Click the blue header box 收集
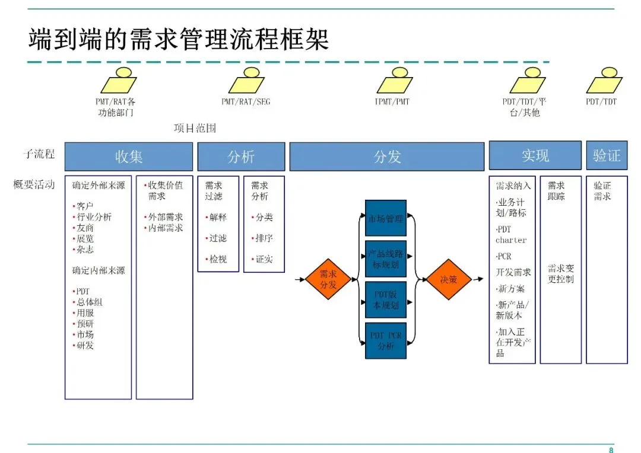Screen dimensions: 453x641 [x=129, y=157]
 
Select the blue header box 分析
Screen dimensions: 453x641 [x=241, y=157]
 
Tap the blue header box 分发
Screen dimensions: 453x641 [x=387, y=157]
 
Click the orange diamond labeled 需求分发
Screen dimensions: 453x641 [x=328, y=279]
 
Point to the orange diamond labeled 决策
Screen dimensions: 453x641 [x=449, y=279]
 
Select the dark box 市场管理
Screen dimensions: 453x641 [x=386, y=219]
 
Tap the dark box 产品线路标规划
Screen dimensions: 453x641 [x=386, y=259]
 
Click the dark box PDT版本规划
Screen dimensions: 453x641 [x=386, y=300]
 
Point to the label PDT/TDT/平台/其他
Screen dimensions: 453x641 [x=525, y=107]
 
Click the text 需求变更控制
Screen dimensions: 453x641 [x=561, y=273]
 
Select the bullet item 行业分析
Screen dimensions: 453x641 [x=93, y=217]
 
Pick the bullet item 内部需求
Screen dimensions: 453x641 [x=164, y=228]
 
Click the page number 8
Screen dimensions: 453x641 [x=611, y=449]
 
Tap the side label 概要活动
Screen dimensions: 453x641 [x=34, y=184]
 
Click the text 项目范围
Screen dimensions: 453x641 [x=195, y=128]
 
